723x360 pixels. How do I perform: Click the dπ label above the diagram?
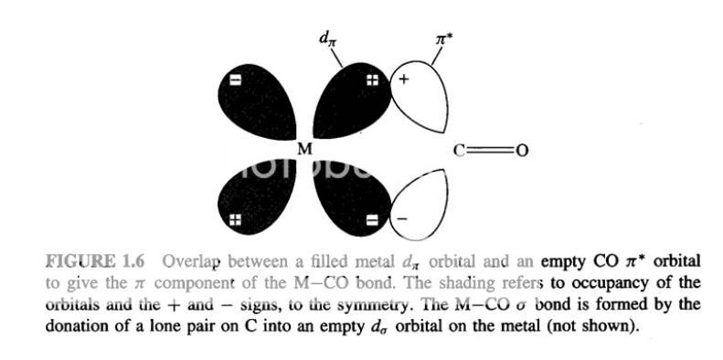point(324,37)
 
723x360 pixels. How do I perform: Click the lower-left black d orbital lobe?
point(255,197)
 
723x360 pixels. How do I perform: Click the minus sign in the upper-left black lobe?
point(235,80)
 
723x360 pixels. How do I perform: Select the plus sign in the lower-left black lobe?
point(235,219)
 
